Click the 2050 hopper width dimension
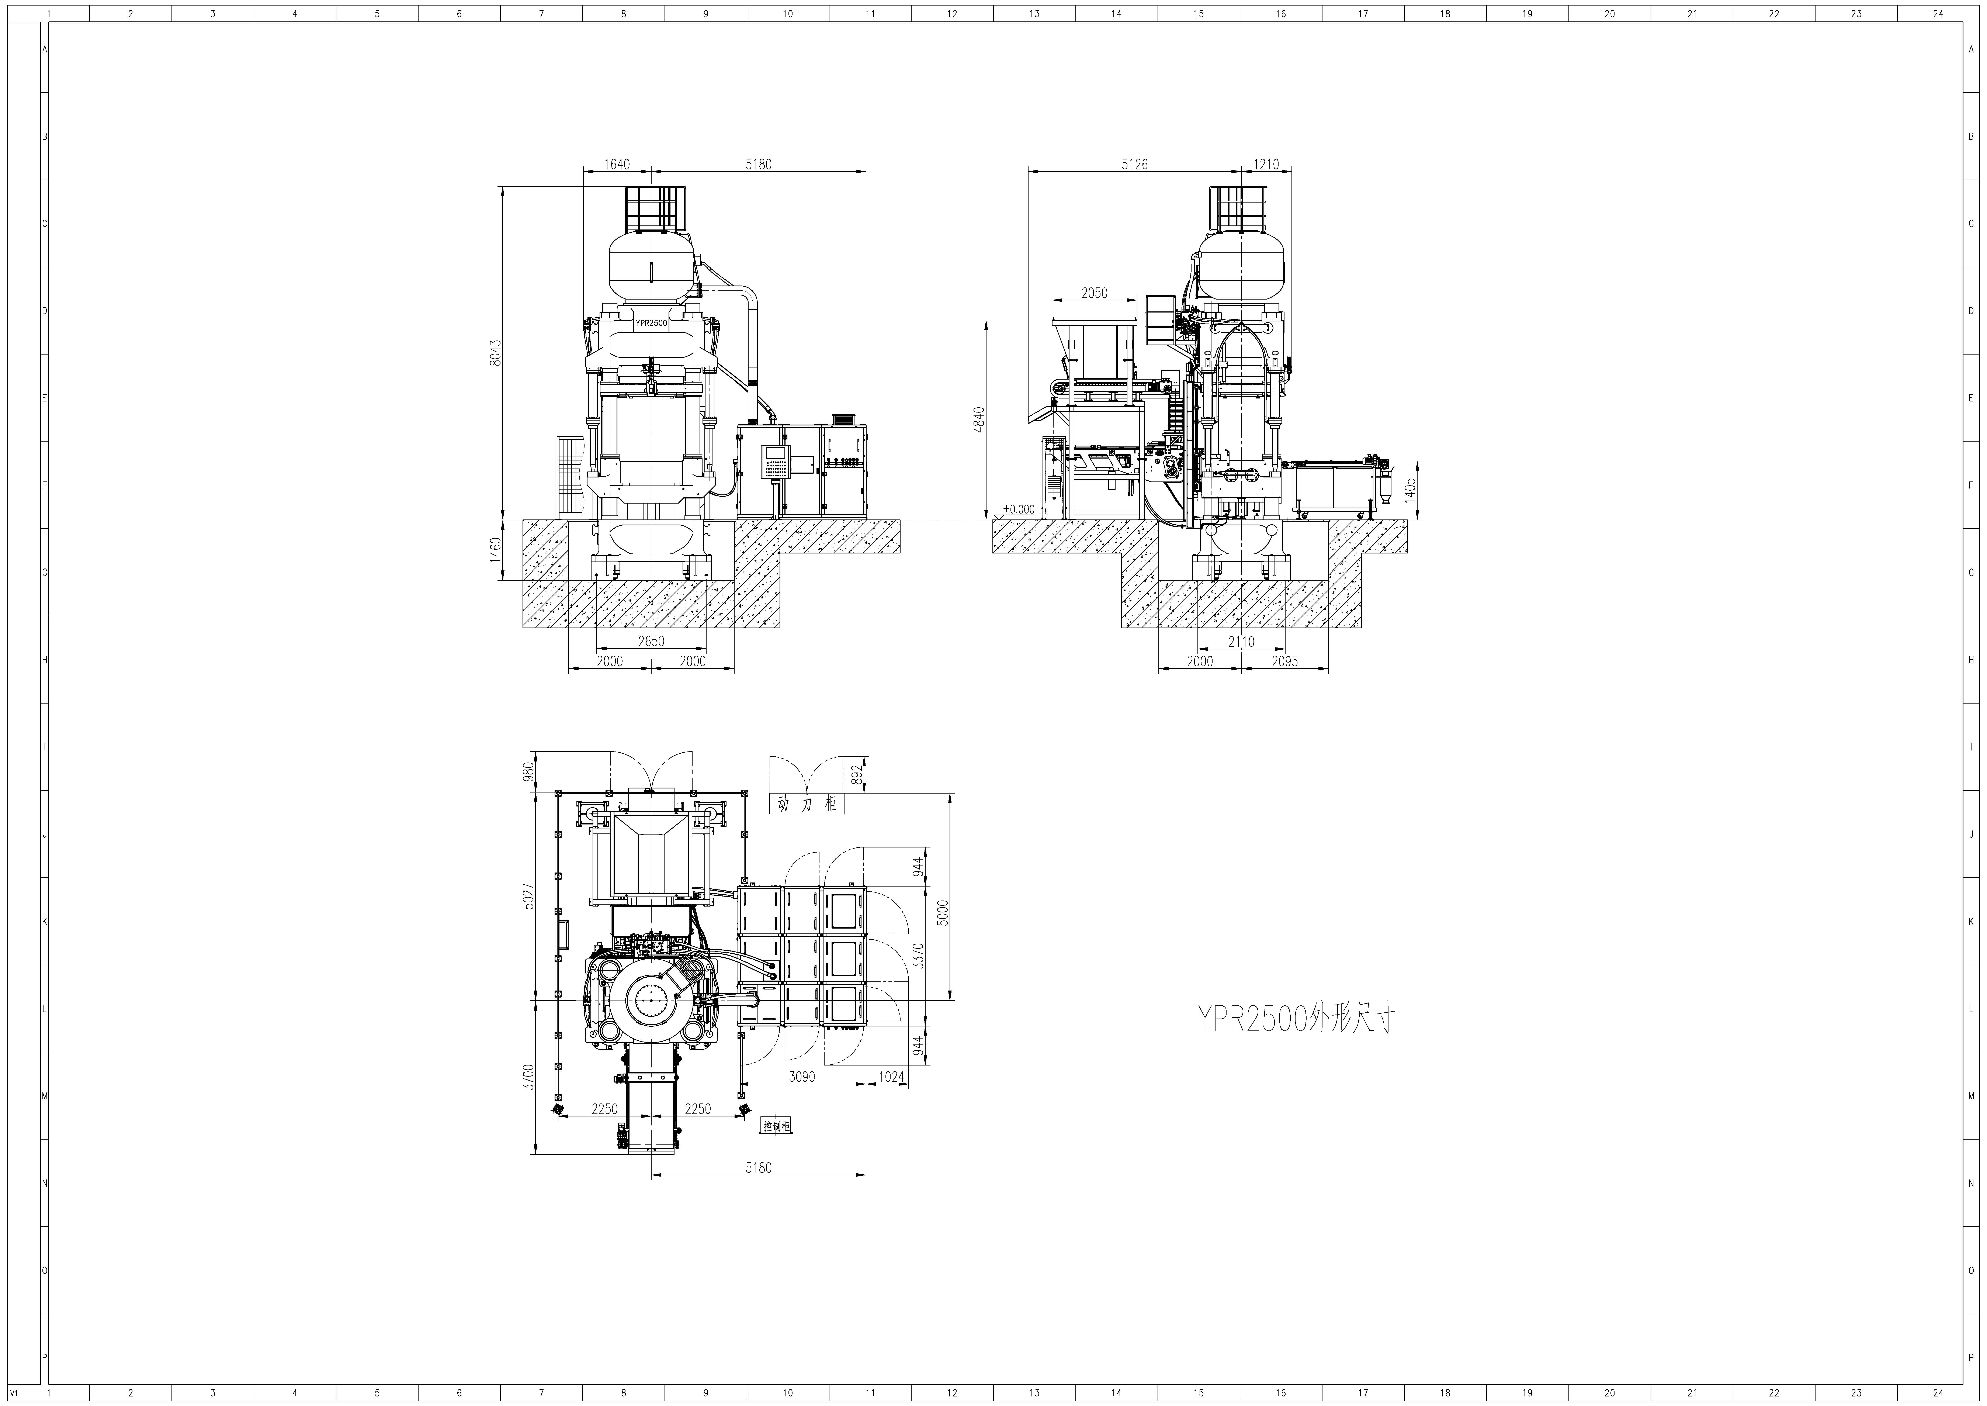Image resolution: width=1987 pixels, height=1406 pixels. pos(1094,293)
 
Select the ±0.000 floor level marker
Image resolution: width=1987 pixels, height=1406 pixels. pos(1019,509)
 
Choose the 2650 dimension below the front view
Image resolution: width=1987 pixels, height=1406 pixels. pos(651,642)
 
